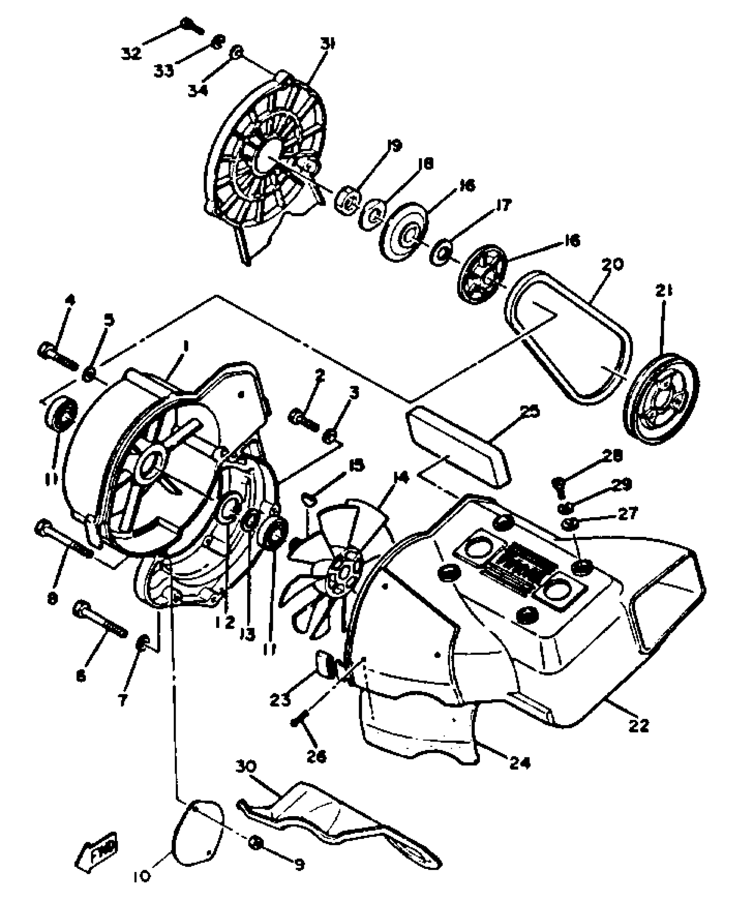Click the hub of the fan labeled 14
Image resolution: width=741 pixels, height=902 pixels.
[x=344, y=569]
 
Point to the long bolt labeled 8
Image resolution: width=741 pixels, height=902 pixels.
[x=63, y=539]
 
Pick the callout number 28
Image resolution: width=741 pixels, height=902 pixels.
[x=612, y=456]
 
